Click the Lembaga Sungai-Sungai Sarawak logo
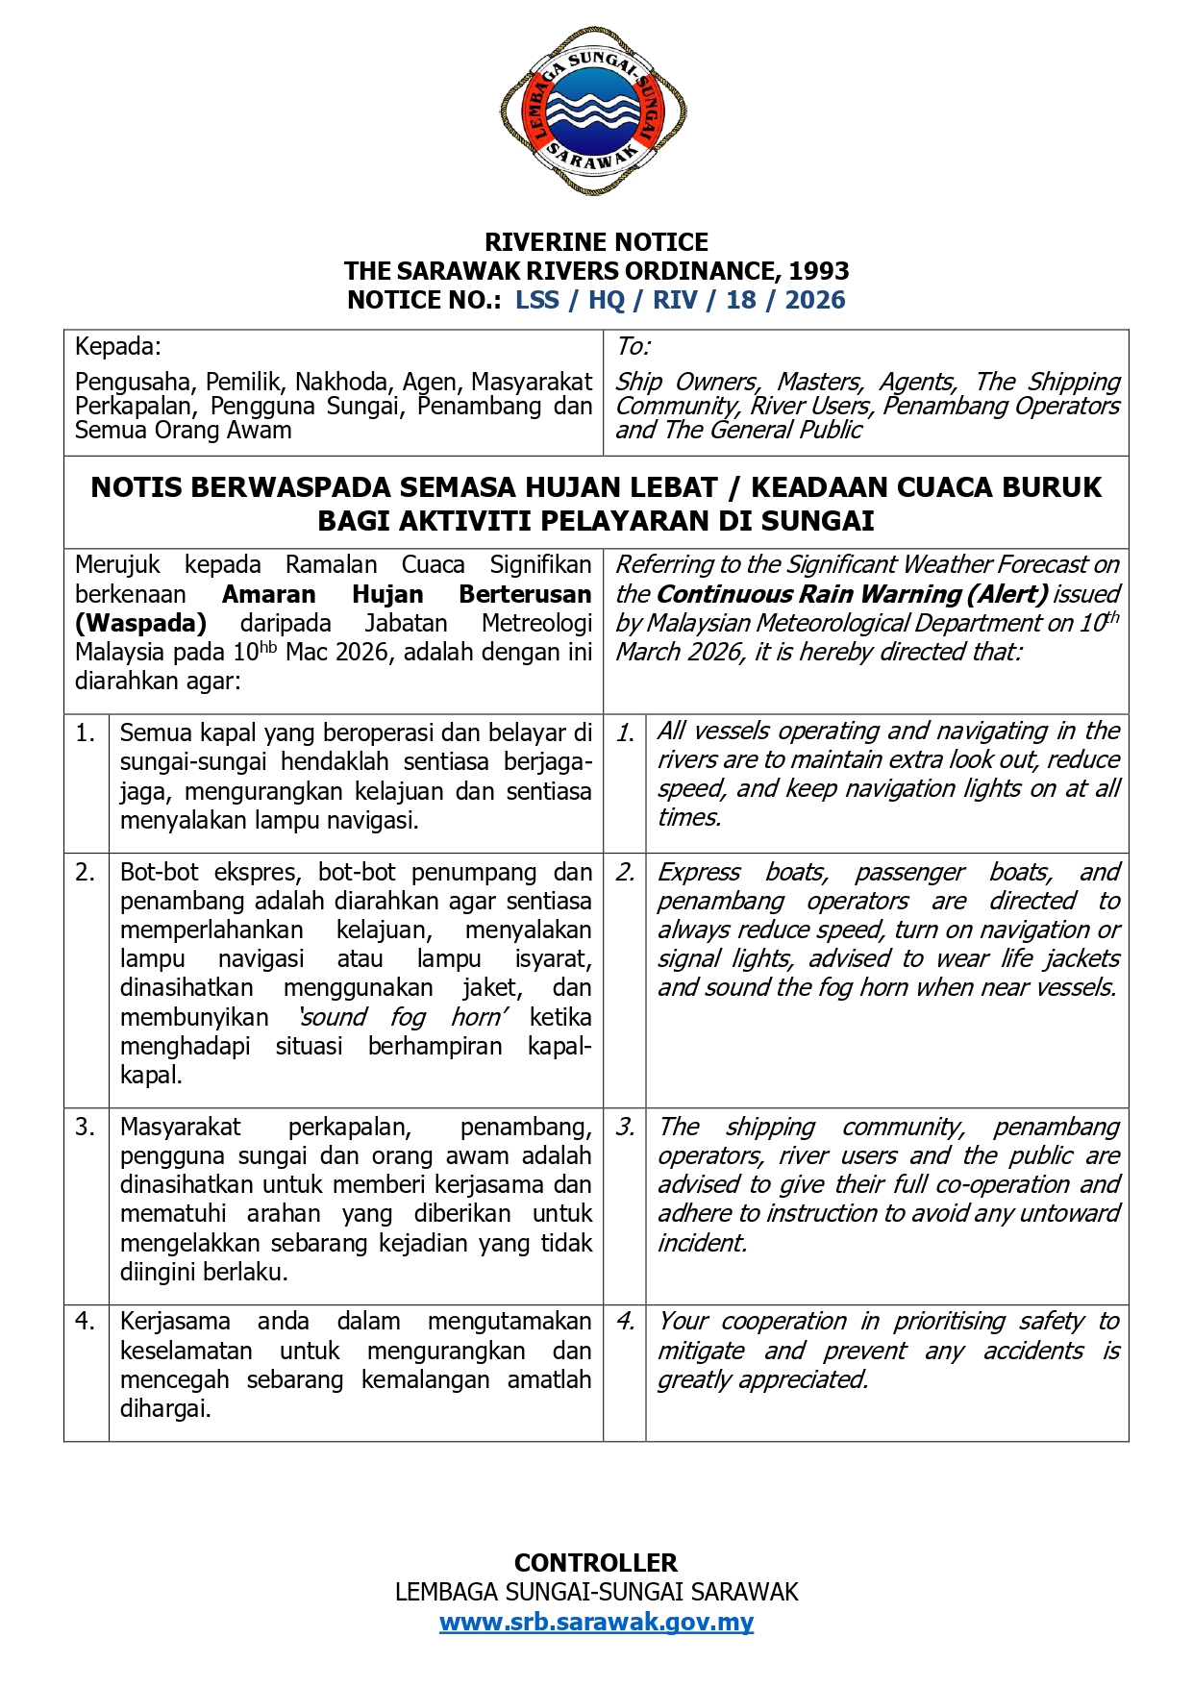pos(593,112)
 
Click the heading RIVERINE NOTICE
pos(596,242)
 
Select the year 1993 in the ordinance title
pos(819,271)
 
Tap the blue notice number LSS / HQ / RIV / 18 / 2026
pos(680,300)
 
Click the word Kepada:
pos(118,346)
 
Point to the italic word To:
pos(634,346)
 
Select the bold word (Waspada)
pos(140,623)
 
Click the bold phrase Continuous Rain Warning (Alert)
pos(852,594)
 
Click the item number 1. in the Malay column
pos(86,733)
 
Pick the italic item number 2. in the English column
pos(626,872)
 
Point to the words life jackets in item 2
pos(1059,958)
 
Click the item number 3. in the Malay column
pos(86,1127)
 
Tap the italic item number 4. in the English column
pos(626,1322)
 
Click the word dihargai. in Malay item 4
pos(165,1409)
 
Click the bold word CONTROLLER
pos(596,1562)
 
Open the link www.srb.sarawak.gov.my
pos(596,1622)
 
